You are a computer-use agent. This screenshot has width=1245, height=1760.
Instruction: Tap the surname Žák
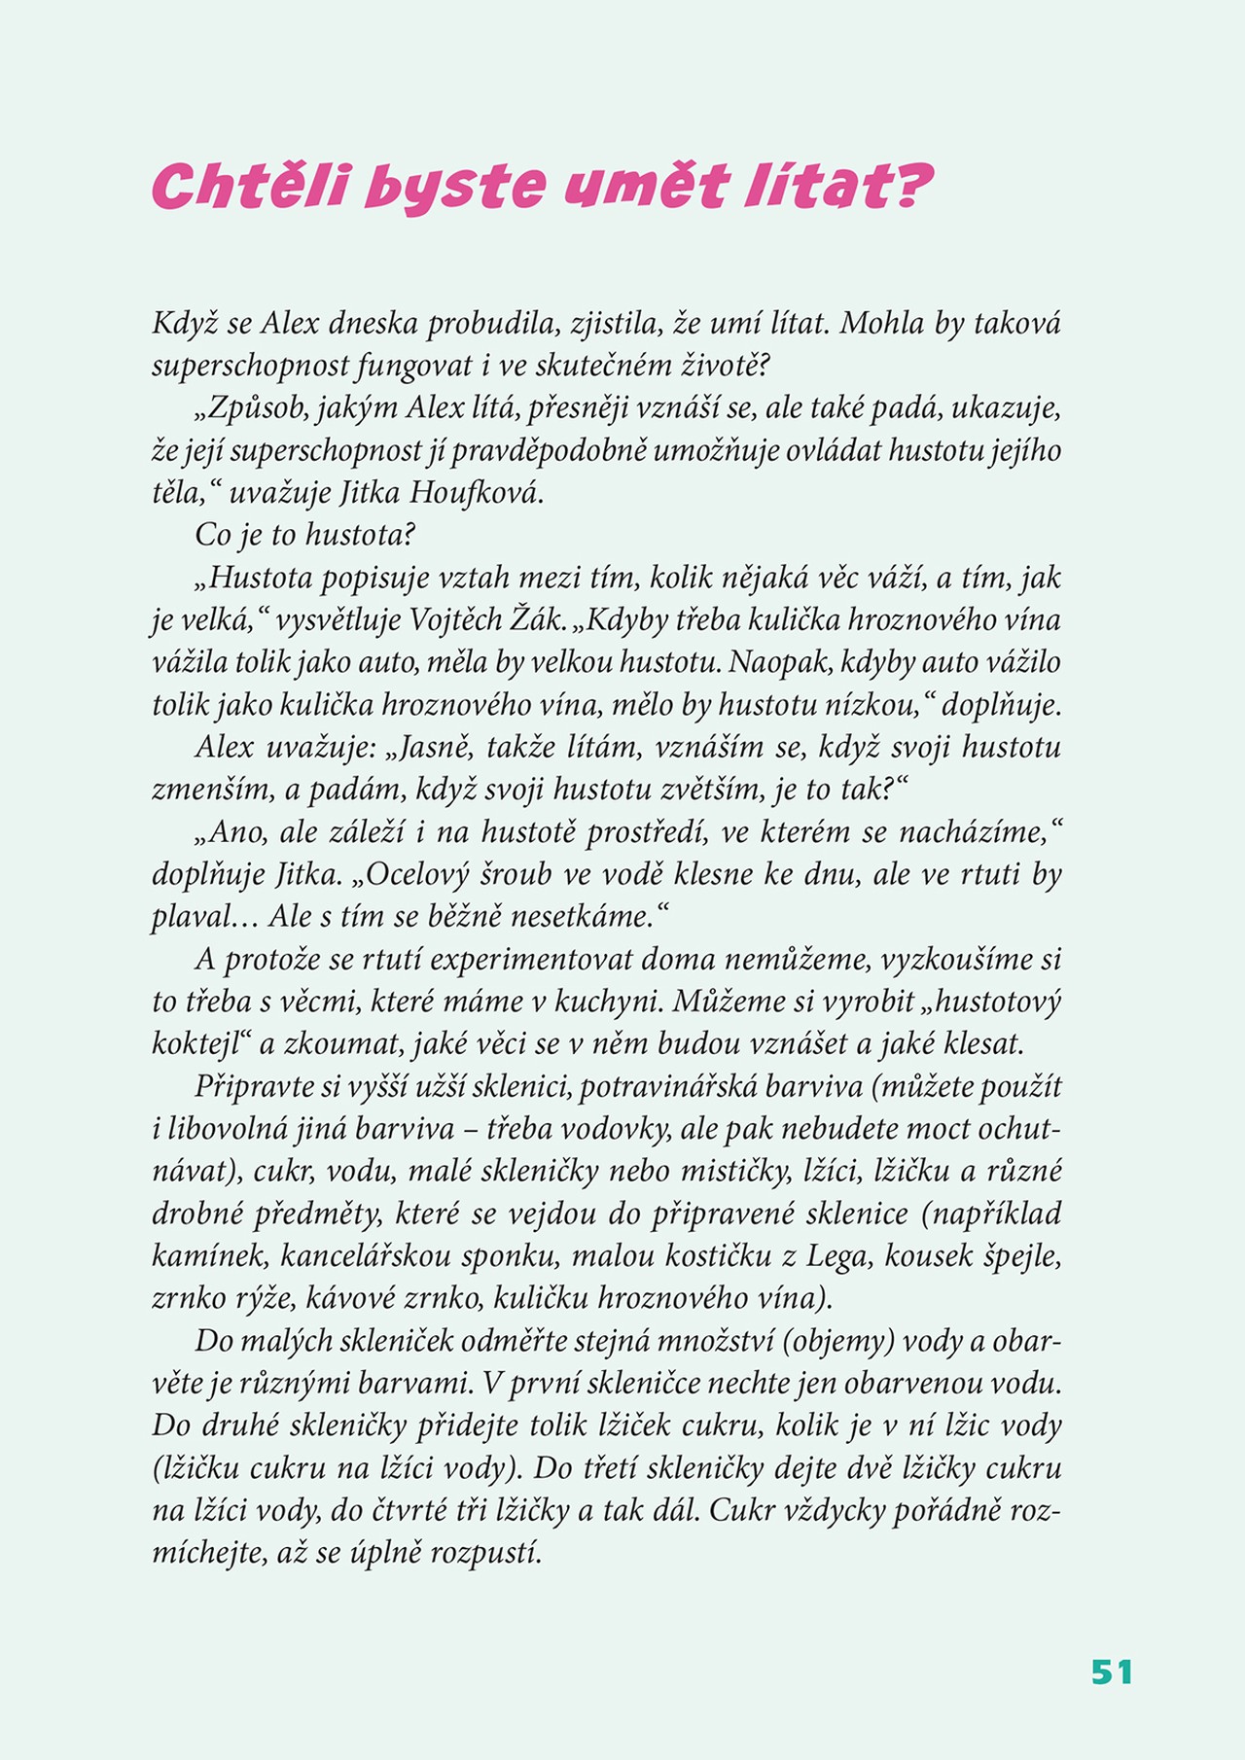click(544, 620)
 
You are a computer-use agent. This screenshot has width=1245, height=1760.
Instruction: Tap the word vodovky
click(608, 1129)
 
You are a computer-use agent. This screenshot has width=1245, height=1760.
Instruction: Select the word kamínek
click(207, 1256)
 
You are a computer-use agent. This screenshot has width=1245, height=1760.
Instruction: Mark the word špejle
click(1019, 1256)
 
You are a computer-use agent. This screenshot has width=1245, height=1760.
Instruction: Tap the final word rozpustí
click(485, 1554)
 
